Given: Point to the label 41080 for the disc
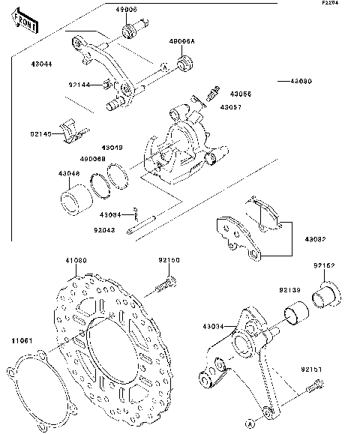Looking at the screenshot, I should [x=75, y=260].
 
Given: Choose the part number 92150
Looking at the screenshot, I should [x=169, y=259].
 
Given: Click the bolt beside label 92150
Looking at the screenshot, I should [x=166, y=286].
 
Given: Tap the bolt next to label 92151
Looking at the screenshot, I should [x=315, y=386].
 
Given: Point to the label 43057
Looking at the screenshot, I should [x=229, y=107].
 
